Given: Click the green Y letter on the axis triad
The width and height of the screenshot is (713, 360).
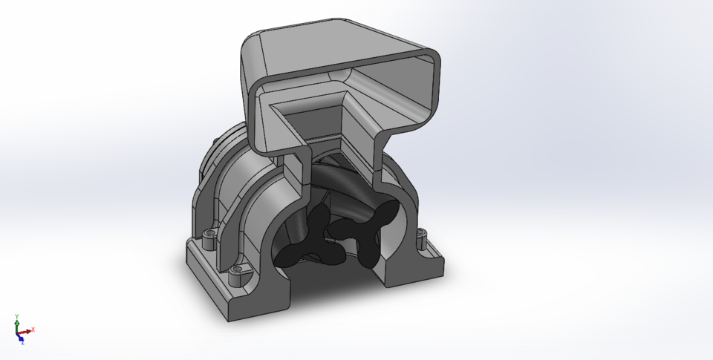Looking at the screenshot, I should click(x=16, y=316).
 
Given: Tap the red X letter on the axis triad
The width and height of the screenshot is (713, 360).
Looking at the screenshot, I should click(x=33, y=330).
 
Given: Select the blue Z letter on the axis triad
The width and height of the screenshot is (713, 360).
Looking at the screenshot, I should click(x=22, y=342).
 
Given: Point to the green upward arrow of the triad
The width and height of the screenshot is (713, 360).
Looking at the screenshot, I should click(x=16, y=324).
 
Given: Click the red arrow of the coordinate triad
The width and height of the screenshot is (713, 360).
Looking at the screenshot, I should click(x=26, y=331).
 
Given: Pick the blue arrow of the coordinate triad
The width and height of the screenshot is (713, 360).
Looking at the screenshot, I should click(x=20, y=336).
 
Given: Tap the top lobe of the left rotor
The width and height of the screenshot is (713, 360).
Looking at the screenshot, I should click(x=319, y=218).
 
